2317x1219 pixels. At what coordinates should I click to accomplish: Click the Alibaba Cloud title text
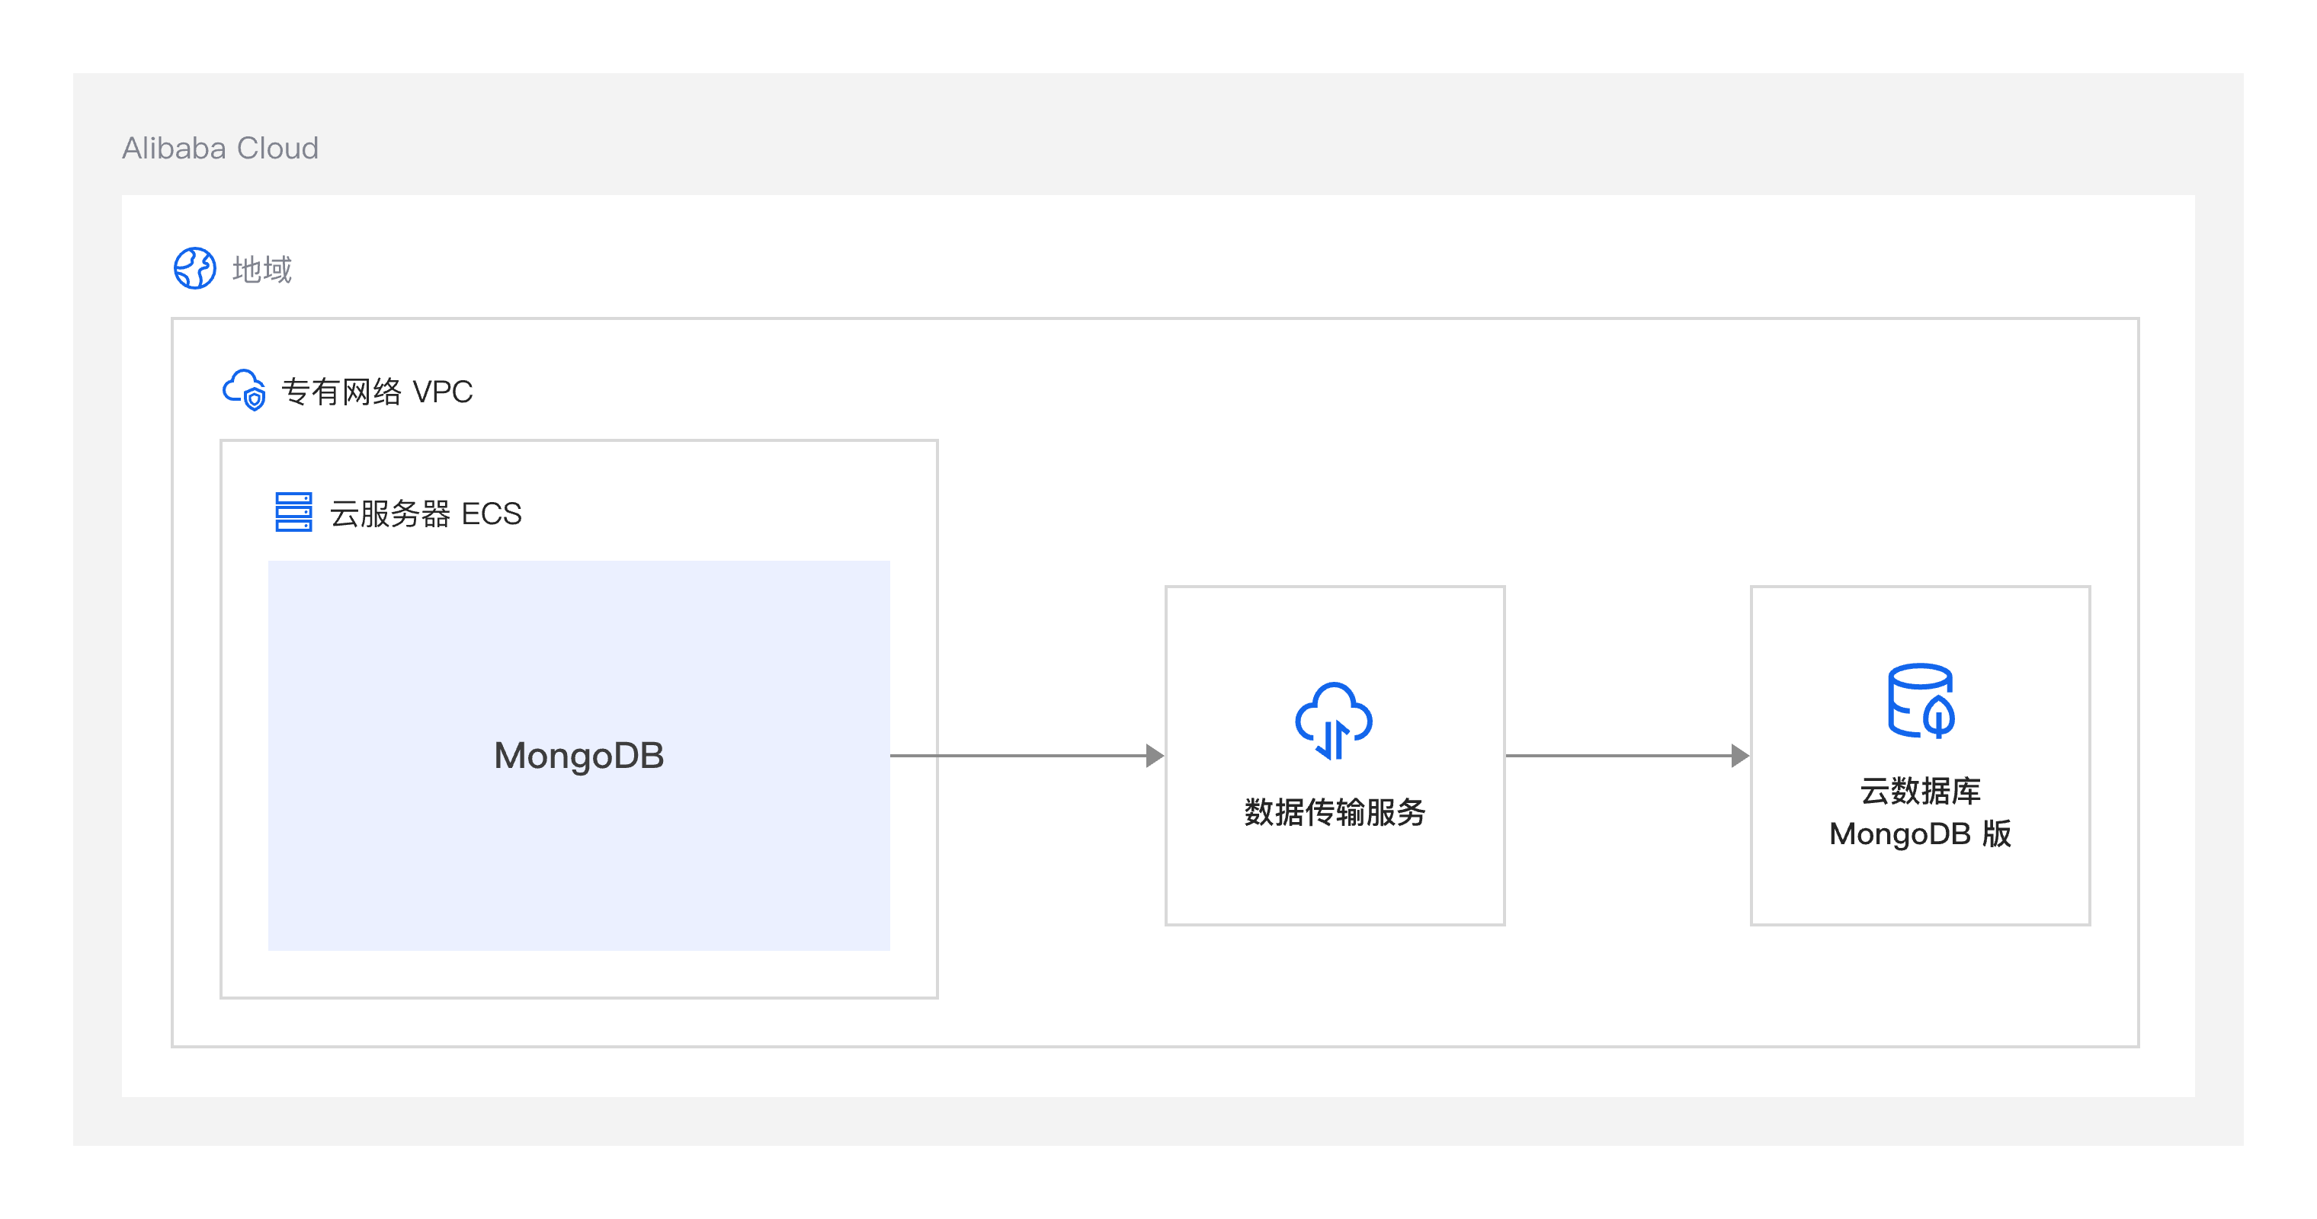pos(220,149)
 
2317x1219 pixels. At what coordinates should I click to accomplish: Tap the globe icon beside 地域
pos(194,268)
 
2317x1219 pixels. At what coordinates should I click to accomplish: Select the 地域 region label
pos(261,269)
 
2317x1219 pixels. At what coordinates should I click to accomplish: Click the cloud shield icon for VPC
pos(244,390)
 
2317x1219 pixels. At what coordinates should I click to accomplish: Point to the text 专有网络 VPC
pos(377,391)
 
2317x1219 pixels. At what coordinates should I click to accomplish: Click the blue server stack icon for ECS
pos(293,511)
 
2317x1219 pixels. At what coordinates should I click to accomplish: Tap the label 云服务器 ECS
pos(425,514)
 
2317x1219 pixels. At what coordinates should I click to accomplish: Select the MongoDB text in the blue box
pos(579,755)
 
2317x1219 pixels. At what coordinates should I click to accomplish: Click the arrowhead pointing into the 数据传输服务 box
pos(1155,755)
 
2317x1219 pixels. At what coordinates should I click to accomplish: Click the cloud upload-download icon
pos(1334,721)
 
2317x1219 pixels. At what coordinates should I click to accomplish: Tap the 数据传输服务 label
pos(1335,811)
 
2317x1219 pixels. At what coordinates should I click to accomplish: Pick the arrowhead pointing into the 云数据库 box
pos(1741,755)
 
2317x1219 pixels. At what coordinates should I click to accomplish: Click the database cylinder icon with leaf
pos(1921,700)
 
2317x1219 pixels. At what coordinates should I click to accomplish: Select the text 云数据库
pos(1921,790)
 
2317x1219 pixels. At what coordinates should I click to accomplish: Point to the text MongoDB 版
pos(1921,833)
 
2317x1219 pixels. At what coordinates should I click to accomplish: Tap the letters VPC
pos(443,391)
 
